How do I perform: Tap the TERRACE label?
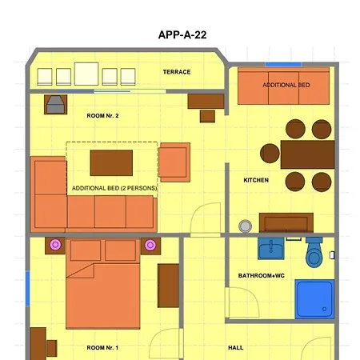[x=177, y=72]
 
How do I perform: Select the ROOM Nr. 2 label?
[x=102, y=116]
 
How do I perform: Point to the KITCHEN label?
[x=256, y=181]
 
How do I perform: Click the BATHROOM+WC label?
[x=261, y=275]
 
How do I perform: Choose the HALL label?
[x=235, y=348]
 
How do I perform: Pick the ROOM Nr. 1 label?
[x=102, y=348]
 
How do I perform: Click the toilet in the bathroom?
[x=314, y=254]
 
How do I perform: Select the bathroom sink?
[x=271, y=250]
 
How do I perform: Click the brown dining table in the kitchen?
[x=307, y=154]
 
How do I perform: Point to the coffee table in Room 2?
[x=111, y=162]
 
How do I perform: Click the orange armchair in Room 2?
[x=174, y=162]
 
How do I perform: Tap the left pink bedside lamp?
[x=55, y=245]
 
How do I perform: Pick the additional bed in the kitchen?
[x=284, y=86]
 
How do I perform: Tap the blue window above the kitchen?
[x=284, y=63]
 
